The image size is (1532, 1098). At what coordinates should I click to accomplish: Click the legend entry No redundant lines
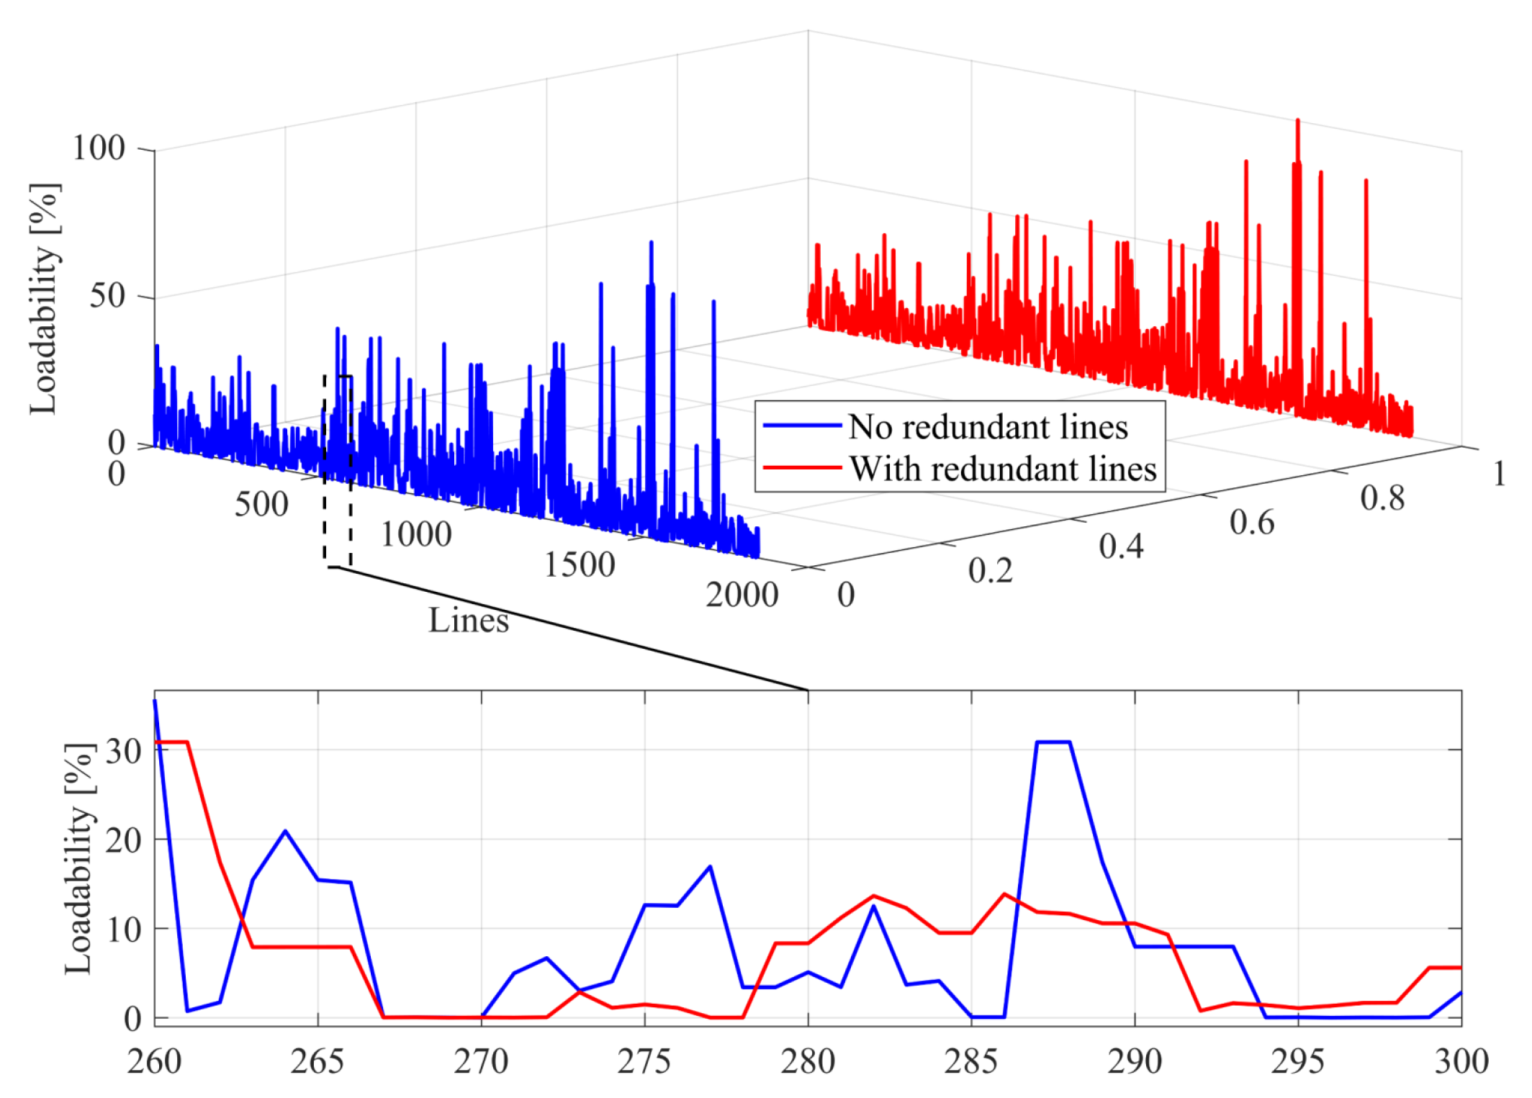tap(987, 427)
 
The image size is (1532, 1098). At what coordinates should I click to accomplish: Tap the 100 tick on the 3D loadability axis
tap(99, 148)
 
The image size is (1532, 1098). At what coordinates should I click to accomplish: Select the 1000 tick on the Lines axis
tap(415, 534)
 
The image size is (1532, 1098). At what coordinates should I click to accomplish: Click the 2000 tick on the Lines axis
tap(742, 595)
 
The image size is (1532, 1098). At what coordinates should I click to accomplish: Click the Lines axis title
tap(469, 620)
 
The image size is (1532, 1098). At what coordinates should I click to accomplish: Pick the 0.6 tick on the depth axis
tap(1251, 523)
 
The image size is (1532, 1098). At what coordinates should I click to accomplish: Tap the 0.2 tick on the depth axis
tap(990, 571)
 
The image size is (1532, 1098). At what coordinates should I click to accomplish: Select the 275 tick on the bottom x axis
tap(644, 1062)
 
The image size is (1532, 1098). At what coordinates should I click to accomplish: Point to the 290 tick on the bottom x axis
tap(1135, 1062)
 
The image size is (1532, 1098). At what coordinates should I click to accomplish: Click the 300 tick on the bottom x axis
tap(1461, 1062)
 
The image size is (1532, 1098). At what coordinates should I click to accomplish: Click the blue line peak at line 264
tap(286, 831)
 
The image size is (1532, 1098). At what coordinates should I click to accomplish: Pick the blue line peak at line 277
tap(710, 867)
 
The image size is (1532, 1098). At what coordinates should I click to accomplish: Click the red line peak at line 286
tap(1004, 894)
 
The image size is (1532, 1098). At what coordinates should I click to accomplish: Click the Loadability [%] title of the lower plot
tap(78, 858)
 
